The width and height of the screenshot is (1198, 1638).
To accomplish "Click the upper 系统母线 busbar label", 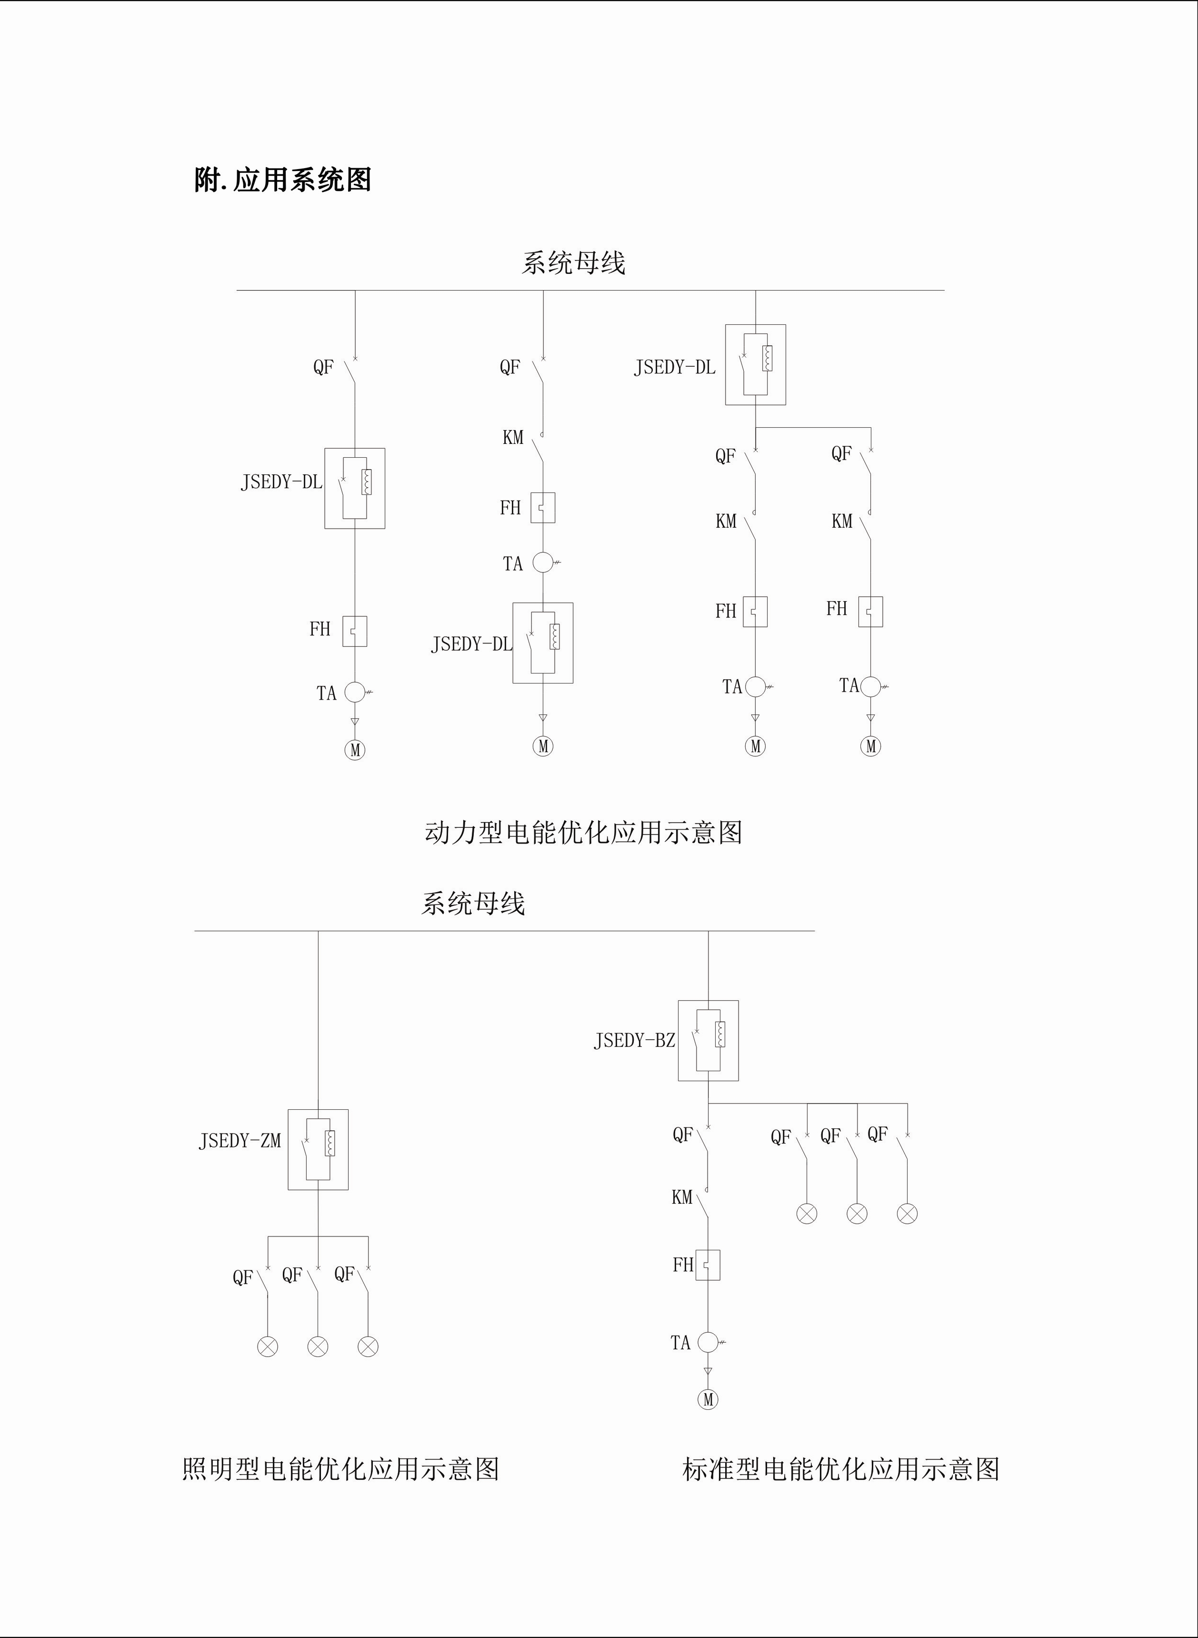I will click(573, 262).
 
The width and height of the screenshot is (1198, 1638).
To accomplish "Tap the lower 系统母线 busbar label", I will click(473, 903).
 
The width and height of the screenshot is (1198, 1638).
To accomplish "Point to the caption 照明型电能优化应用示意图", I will click(340, 1469).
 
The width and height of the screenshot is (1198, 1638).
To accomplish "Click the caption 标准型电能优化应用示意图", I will click(840, 1469).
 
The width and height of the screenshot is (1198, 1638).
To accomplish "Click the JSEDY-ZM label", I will click(240, 1141).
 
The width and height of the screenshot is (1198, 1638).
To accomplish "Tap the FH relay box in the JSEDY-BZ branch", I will click(708, 1265).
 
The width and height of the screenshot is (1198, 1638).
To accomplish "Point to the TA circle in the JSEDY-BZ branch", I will click(708, 1343).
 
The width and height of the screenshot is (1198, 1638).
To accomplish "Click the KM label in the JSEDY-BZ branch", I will click(682, 1197).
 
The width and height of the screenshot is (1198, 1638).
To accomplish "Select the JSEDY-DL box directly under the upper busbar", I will click(756, 365).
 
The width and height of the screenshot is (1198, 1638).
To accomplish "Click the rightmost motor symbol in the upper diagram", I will click(870, 746).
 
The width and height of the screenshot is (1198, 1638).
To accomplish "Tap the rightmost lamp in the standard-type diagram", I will click(907, 1214).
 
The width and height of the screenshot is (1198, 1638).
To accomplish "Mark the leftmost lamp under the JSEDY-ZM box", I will click(268, 1347).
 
